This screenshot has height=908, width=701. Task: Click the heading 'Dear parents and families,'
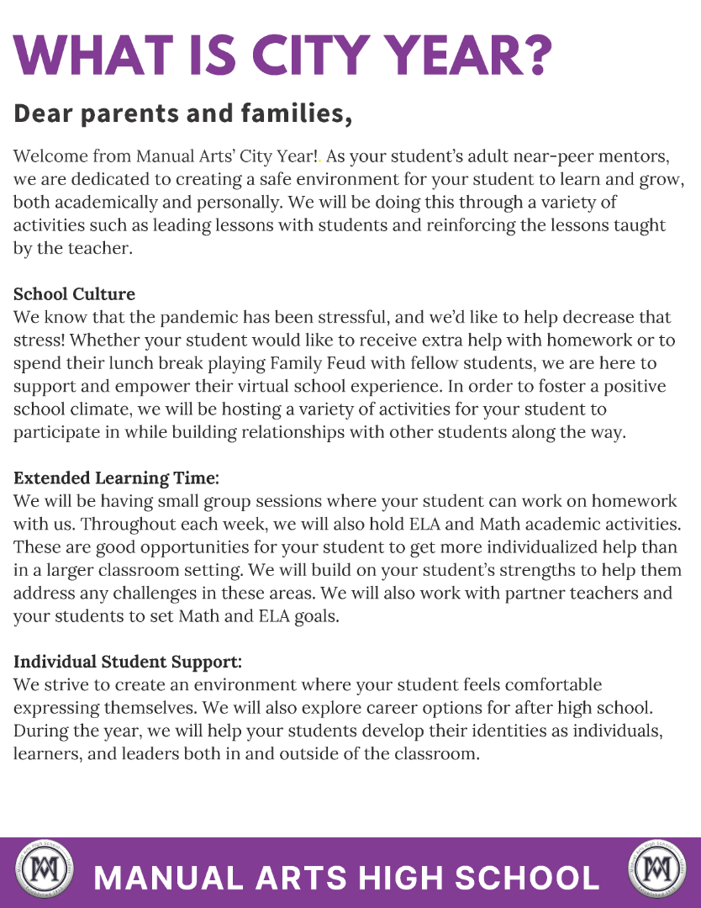tap(182, 113)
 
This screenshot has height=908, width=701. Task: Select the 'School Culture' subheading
tap(74, 294)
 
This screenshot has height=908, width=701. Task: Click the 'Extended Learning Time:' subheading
tap(116, 478)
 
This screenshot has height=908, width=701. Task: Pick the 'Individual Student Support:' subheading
tap(128, 661)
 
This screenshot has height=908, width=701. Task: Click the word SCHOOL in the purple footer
tap(527, 878)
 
